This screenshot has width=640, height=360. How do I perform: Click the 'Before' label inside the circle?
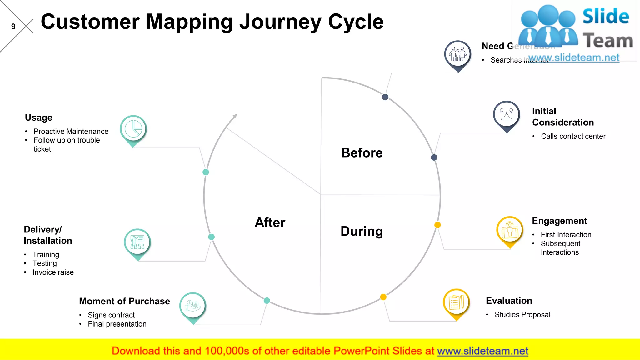coord(362,153)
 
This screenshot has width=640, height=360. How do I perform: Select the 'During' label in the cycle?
coord(362,231)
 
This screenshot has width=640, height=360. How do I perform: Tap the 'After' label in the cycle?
coord(270,222)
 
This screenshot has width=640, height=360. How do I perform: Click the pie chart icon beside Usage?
coord(133,129)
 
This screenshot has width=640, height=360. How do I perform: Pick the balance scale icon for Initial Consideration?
coord(507,114)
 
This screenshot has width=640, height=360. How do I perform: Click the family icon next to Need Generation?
coord(458,54)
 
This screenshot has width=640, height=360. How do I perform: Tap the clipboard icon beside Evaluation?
coord(456,302)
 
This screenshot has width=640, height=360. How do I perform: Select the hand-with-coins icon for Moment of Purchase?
coord(192,306)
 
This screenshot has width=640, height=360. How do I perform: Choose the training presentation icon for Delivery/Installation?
coord(137,242)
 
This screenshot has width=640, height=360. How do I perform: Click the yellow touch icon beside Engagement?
coord(510,230)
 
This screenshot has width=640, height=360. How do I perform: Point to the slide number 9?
coord(13,27)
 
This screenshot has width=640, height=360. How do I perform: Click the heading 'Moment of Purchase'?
coord(124,301)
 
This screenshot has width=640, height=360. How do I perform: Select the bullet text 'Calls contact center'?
coord(573,136)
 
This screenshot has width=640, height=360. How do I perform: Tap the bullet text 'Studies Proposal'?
coord(522,315)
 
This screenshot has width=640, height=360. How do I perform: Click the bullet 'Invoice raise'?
coord(53,272)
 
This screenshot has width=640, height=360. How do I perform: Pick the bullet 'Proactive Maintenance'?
coord(71,131)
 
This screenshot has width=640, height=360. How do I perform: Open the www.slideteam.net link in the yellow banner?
coord(482,351)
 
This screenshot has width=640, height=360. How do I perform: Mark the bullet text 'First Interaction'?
coord(566,235)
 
